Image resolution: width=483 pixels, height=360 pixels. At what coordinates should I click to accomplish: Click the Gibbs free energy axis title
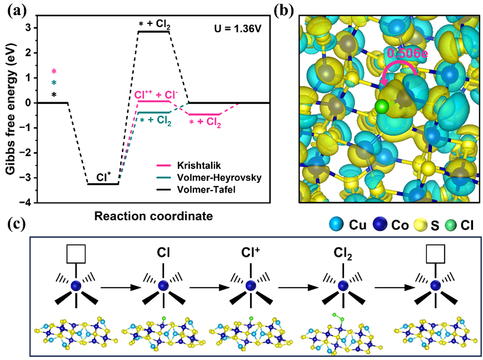tap(11, 108)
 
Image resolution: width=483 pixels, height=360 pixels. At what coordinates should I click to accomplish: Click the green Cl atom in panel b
tap(381, 106)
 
